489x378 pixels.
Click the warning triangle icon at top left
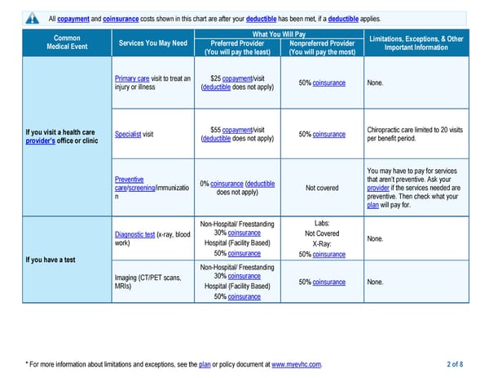(x=32, y=18)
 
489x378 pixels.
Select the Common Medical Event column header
(x=66, y=42)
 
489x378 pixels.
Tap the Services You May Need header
(x=152, y=42)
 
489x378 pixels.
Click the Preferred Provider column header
(x=236, y=47)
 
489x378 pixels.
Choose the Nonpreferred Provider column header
(x=321, y=47)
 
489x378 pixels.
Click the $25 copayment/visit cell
(x=237, y=83)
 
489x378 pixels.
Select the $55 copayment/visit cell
(x=237, y=134)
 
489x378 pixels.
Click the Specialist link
(x=128, y=134)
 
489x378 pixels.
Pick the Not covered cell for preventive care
(x=321, y=188)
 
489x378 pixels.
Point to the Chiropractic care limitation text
(x=415, y=134)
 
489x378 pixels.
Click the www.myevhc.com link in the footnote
(x=296, y=363)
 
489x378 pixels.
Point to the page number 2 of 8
(x=455, y=363)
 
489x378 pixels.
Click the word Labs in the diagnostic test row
(x=321, y=223)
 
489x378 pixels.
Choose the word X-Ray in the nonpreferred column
(x=321, y=244)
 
